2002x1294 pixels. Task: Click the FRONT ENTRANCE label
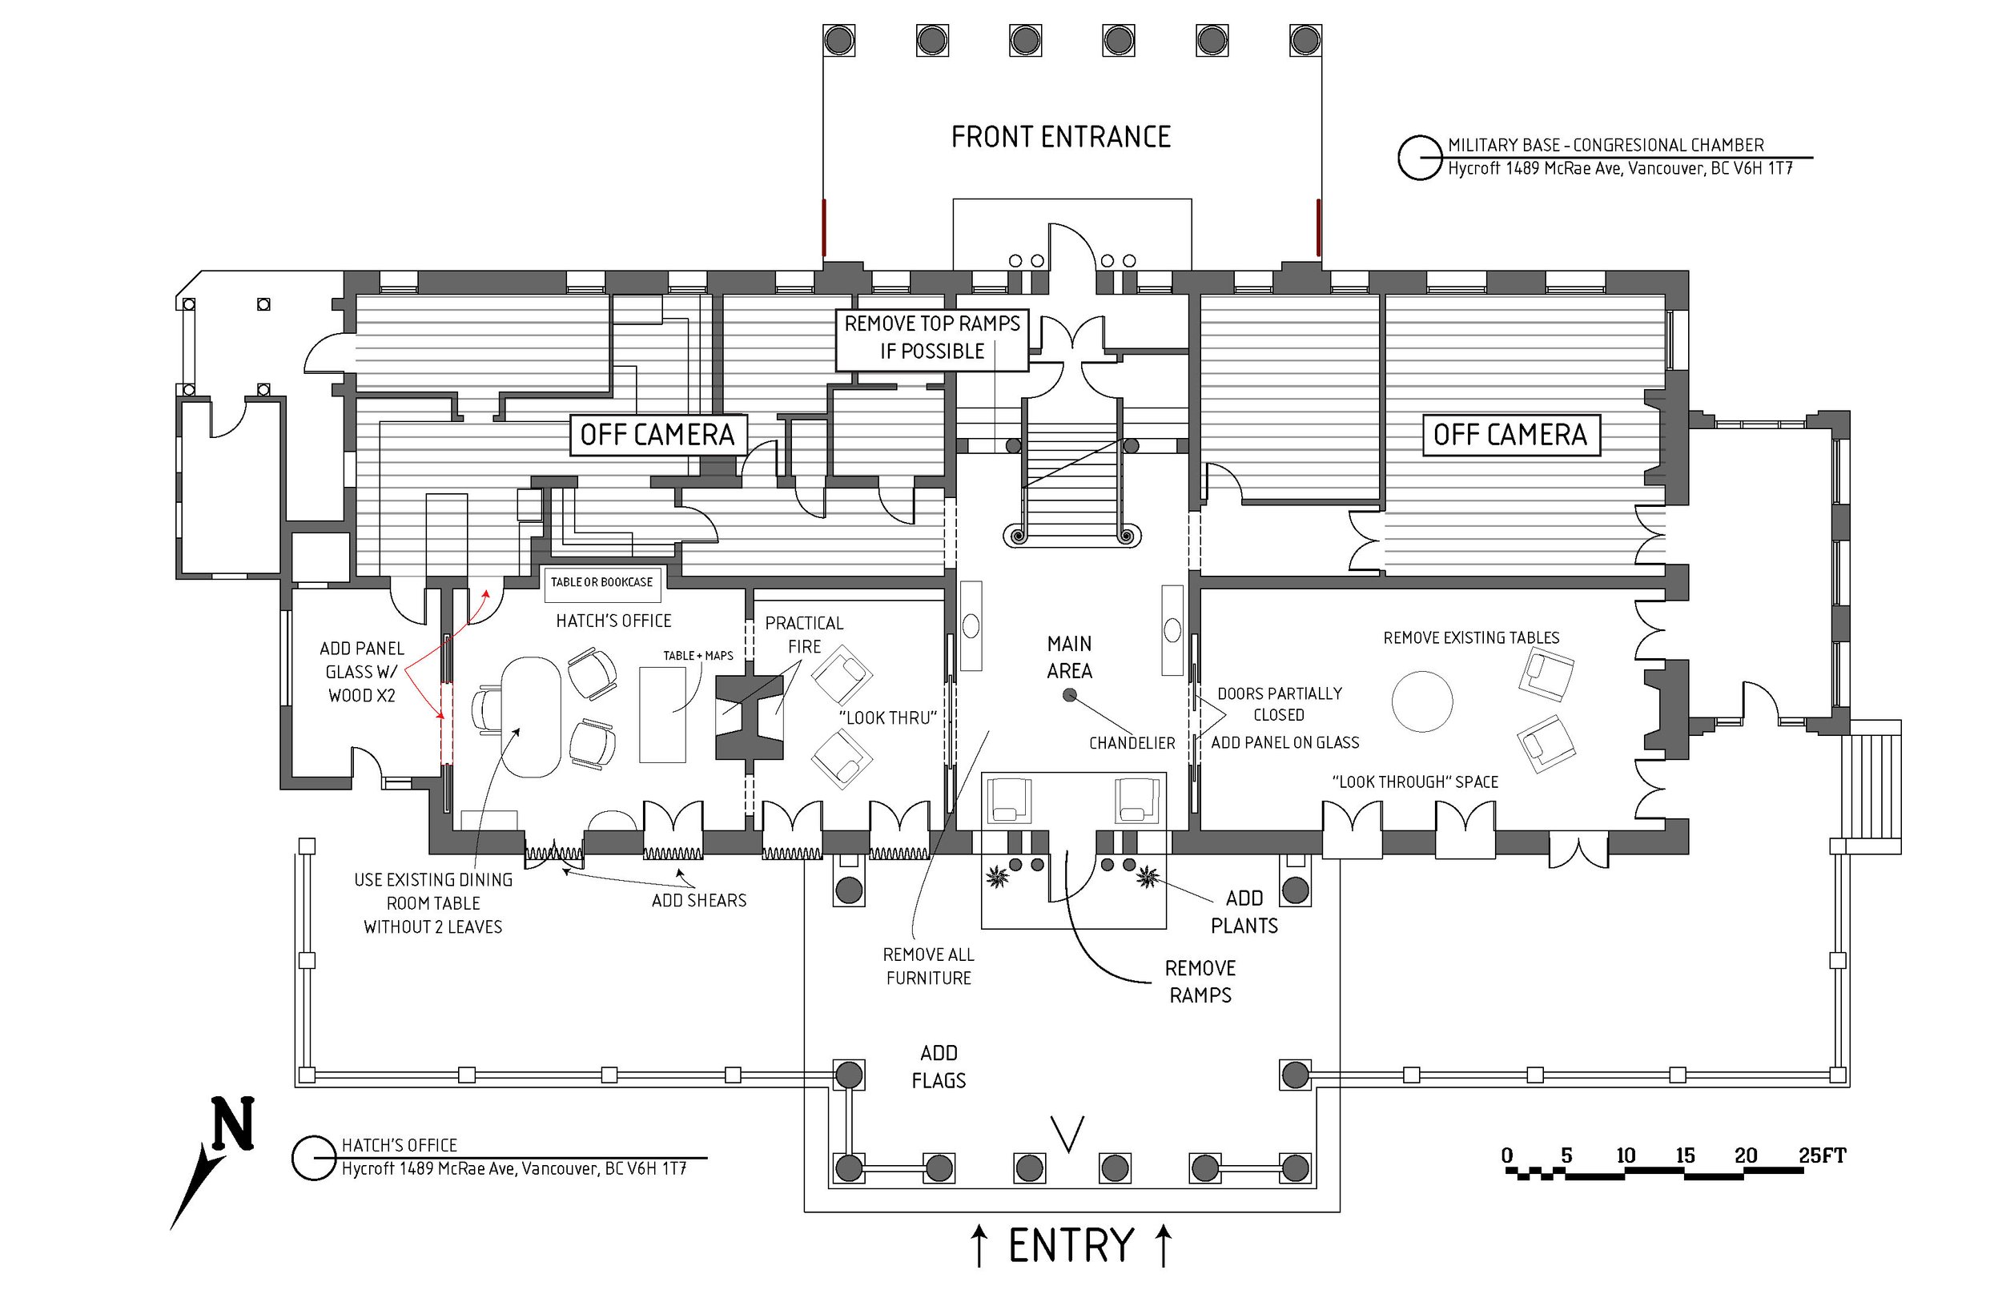pyautogui.click(x=1060, y=137)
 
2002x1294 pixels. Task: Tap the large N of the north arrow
pyautogui.click(x=233, y=1123)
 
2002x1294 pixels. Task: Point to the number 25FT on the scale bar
pyautogui.click(x=1821, y=1155)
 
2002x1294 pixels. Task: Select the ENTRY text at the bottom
pyautogui.click(x=1071, y=1245)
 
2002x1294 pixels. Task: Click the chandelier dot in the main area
pyautogui.click(x=1070, y=695)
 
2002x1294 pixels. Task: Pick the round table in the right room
pyautogui.click(x=1421, y=701)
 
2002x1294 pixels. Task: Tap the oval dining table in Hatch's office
pyautogui.click(x=530, y=716)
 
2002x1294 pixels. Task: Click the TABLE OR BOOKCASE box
pyautogui.click(x=601, y=582)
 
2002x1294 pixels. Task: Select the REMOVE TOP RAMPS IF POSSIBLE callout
pyautogui.click(x=931, y=337)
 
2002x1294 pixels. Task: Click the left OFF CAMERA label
pyautogui.click(x=657, y=435)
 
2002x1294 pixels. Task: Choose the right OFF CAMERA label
pyautogui.click(x=1510, y=435)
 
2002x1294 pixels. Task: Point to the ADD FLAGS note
pyautogui.click(x=939, y=1067)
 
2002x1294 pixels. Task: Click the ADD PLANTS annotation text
pyautogui.click(x=1244, y=912)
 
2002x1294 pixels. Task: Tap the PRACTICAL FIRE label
pyautogui.click(x=804, y=634)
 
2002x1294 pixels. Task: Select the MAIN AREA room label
pyautogui.click(x=1070, y=657)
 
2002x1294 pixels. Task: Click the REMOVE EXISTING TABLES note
pyautogui.click(x=1471, y=637)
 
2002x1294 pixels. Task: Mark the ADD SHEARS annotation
pyautogui.click(x=699, y=900)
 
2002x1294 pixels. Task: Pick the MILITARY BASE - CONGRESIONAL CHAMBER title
pyautogui.click(x=1606, y=144)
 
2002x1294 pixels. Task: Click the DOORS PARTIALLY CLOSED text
pyautogui.click(x=1279, y=704)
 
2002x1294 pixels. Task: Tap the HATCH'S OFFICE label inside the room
pyautogui.click(x=613, y=621)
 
